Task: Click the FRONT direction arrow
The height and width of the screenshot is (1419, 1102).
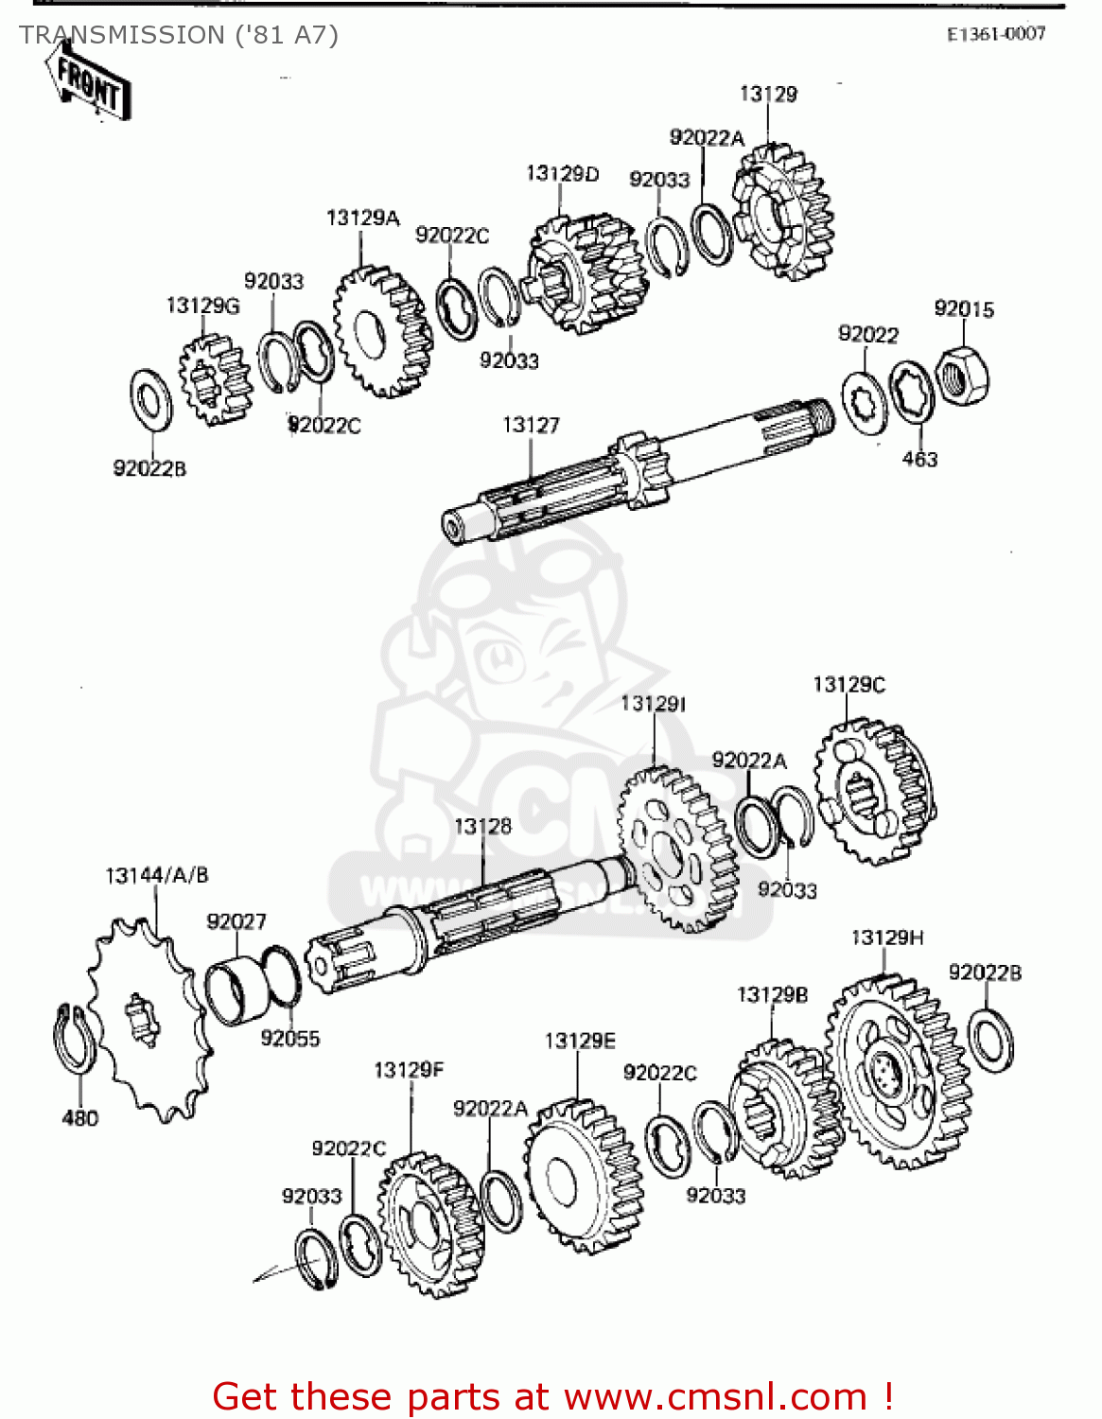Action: [88, 84]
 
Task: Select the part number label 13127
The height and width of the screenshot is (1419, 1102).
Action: [531, 426]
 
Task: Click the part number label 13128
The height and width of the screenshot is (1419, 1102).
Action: [482, 827]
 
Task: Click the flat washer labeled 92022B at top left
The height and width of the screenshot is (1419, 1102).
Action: [150, 398]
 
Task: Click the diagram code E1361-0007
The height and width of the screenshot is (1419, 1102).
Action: [996, 34]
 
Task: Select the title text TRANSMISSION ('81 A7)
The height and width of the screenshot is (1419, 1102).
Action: [179, 35]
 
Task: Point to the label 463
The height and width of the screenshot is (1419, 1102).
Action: [919, 460]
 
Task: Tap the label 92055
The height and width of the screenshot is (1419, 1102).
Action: [290, 1039]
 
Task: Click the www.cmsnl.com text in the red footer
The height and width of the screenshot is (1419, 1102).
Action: [715, 1397]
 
